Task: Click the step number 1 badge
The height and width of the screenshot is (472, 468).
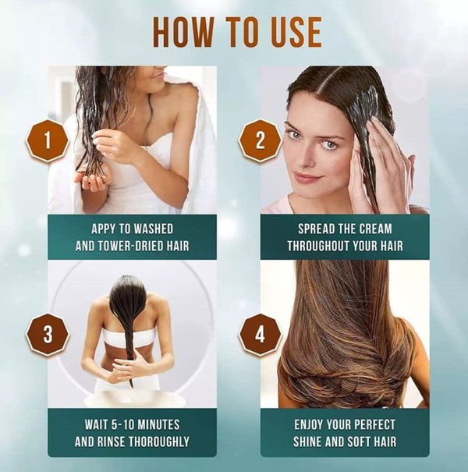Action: pos(47,141)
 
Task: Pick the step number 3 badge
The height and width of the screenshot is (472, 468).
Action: pos(47,334)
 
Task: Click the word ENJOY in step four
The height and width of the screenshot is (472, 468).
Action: pos(314,425)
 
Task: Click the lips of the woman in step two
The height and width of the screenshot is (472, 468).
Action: pos(307,178)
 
